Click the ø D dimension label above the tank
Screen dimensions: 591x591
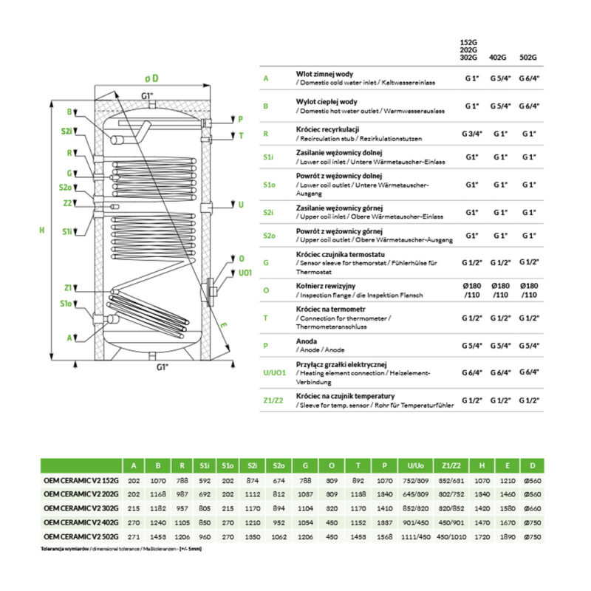coord(151,78)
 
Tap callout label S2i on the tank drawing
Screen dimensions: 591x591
coord(67,131)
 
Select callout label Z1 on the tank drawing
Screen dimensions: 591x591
coord(68,287)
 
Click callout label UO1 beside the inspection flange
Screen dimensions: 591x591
coord(245,272)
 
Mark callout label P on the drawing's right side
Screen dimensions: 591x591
coord(239,118)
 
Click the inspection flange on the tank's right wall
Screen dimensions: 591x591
coord(211,290)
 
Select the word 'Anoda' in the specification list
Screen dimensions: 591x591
coord(306,341)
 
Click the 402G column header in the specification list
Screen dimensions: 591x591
coord(500,56)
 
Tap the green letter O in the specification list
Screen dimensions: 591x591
coord(265,290)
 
